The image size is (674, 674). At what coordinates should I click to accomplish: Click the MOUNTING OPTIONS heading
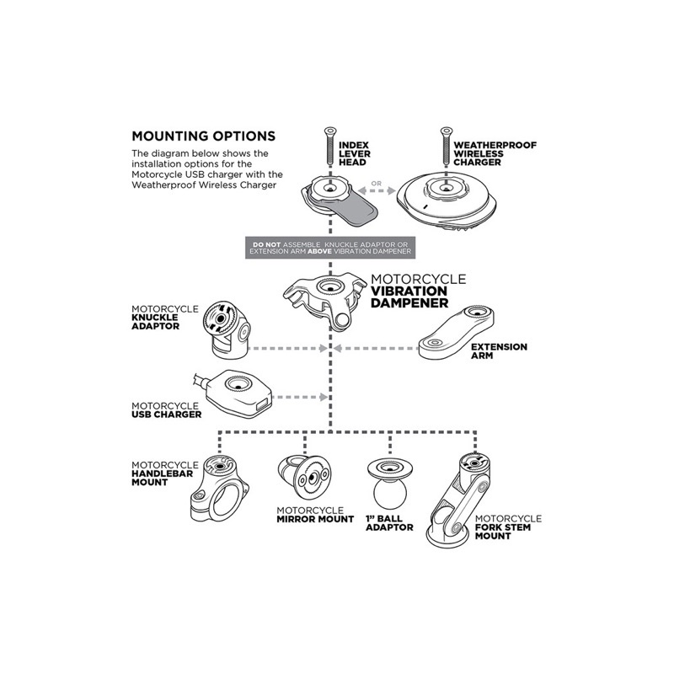202,136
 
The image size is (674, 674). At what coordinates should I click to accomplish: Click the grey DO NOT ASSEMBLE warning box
330,248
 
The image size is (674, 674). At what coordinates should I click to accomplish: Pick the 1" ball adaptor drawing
390,484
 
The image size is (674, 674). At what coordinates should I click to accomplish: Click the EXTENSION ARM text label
499,351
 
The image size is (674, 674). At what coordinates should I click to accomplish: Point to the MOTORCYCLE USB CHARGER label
165,409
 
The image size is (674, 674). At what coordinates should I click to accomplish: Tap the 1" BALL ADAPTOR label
388,522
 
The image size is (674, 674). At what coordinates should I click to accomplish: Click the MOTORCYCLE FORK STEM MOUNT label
507,529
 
